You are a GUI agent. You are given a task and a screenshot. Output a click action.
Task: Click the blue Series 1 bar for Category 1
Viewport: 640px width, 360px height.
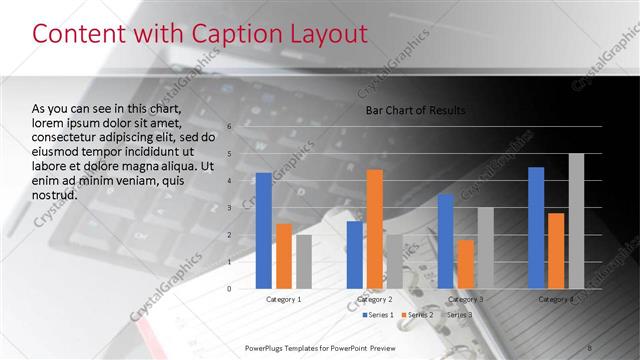(264, 231)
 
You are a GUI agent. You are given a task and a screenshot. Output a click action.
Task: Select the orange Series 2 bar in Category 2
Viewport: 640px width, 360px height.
(375, 229)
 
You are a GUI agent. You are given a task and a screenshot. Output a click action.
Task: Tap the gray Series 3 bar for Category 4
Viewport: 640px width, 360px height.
(576, 221)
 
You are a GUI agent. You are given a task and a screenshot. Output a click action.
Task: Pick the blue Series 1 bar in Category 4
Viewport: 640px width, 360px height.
(536, 228)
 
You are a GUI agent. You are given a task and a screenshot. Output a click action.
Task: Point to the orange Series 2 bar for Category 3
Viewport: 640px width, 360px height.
(465, 264)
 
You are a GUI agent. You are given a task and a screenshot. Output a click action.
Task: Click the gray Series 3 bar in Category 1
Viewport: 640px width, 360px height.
(303, 262)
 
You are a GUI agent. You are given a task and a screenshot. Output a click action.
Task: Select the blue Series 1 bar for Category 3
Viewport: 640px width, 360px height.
(445, 241)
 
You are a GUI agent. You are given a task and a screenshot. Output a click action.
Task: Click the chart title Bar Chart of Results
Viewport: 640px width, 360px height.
(415, 110)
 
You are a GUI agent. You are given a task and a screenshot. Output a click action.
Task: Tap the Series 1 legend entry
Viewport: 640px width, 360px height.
(378, 315)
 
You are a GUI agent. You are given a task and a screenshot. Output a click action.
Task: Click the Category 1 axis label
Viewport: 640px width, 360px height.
(283, 299)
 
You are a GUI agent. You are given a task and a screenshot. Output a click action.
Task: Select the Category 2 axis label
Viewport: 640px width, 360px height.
(374, 299)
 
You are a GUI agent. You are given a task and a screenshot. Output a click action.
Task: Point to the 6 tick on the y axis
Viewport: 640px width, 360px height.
(229, 127)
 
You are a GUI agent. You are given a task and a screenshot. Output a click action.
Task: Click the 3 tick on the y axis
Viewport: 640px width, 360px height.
(229, 208)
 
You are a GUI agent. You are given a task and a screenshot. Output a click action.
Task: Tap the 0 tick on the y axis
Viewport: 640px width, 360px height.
(229, 289)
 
